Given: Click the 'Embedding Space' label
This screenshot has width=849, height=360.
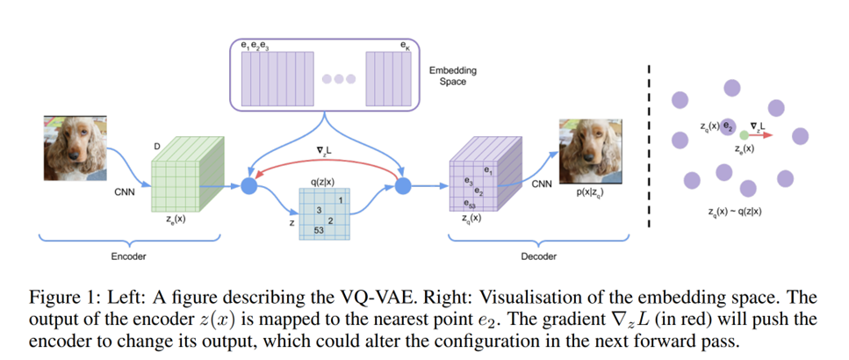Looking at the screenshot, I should [x=454, y=76].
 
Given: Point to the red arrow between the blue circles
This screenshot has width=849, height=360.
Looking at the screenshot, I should [x=325, y=164].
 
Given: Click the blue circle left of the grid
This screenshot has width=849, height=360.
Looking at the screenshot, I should [x=248, y=185].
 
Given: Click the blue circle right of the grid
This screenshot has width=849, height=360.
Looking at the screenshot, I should [x=404, y=185].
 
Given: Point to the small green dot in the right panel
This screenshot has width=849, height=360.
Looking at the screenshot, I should [x=744, y=136].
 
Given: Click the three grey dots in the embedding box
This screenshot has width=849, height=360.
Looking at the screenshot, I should [x=338, y=79].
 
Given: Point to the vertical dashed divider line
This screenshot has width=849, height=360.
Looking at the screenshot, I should [x=649, y=145].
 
